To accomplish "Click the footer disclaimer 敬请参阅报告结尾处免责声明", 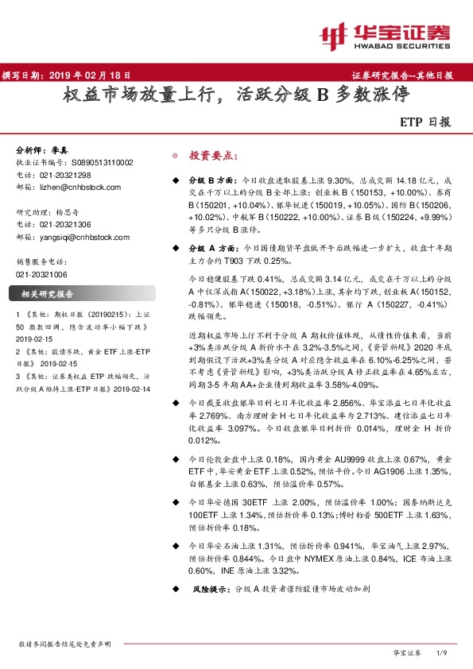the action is pyautogui.click(x=64, y=644).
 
